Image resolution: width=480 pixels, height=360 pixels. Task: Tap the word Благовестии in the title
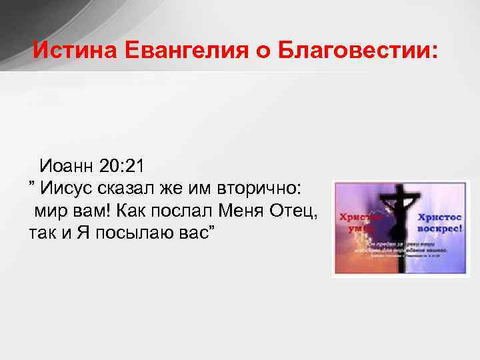pyautogui.click(x=353, y=50)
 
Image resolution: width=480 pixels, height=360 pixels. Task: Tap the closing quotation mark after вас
pyautogui.click(x=211, y=231)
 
